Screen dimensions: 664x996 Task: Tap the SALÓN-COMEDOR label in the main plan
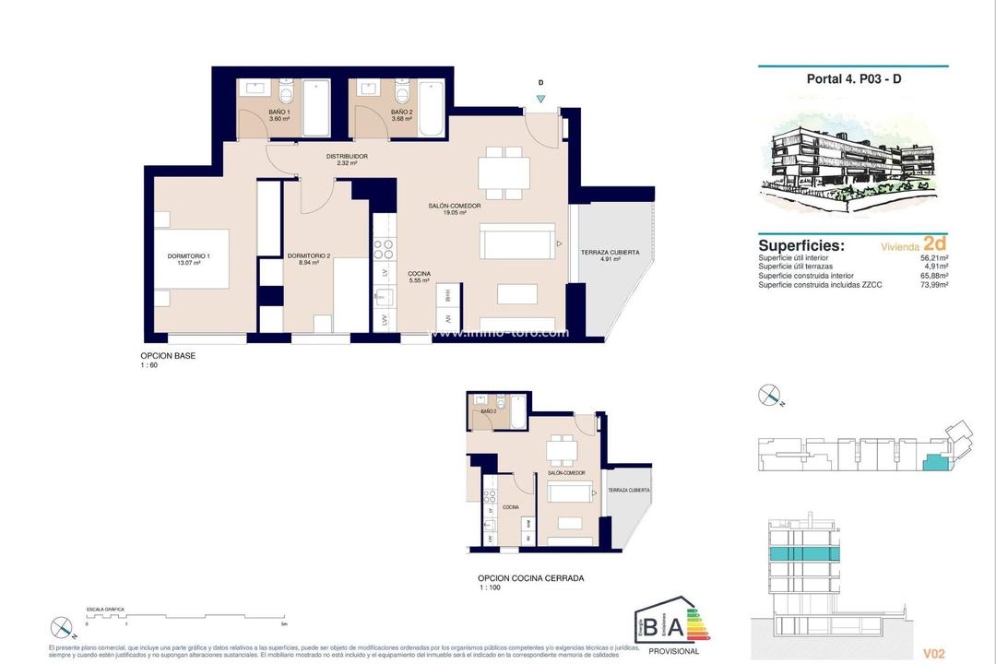click(x=454, y=206)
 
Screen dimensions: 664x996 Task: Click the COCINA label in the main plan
click(x=419, y=274)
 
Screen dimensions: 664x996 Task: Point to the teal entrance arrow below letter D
click(x=540, y=99)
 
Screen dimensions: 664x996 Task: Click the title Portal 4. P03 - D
click(x=853, y=79)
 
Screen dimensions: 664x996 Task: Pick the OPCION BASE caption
click(x=168, y=356)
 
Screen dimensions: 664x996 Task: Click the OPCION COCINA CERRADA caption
click(x=525, y=579)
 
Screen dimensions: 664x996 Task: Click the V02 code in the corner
click(x=933, y=653)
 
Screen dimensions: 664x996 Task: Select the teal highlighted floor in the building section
click(x=804, y=553)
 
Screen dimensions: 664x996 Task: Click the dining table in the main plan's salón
click(x=504, y=172)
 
